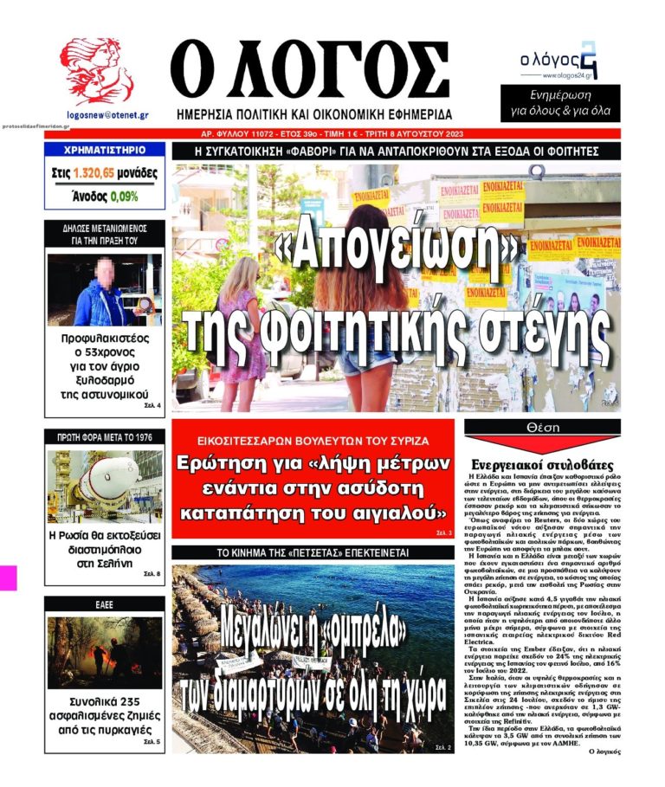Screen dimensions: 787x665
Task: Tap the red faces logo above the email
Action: click(95, 72)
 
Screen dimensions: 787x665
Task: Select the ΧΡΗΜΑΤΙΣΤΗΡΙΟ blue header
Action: click(104, 150)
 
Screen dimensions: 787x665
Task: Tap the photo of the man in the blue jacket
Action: click(104, 290)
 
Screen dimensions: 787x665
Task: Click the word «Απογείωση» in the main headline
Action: click(395, 251)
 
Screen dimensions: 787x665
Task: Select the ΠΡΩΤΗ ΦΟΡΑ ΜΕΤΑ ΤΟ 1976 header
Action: click(104, 437)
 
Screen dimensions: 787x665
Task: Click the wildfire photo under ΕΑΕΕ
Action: click(104, 652)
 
